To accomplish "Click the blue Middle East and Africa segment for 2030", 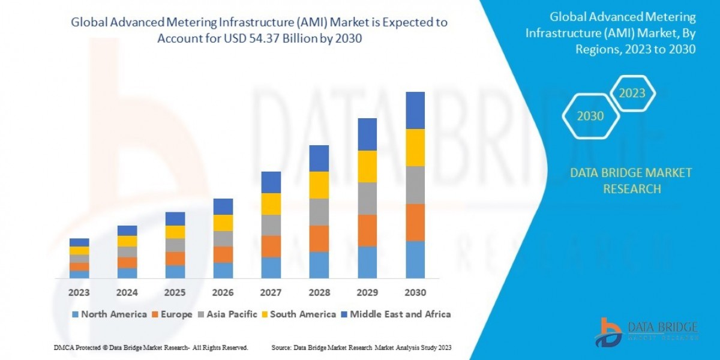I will (x=415, y=110).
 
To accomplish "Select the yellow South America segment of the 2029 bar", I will (x=367, y=166).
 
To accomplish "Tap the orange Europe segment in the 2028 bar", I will (x=319, y=238).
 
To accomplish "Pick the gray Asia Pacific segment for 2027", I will (x=271, y=225).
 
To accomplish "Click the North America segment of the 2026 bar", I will (x=223, y=270).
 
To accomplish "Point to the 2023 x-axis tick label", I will (x=79, y=293).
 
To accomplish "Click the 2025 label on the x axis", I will (x=175, y=293).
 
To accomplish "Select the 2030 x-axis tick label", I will (x=415, y=293).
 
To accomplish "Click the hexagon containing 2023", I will (x=632, y=94).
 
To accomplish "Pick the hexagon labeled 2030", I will (x=590, y=116).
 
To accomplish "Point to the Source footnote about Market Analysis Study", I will (x=361, y=347).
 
